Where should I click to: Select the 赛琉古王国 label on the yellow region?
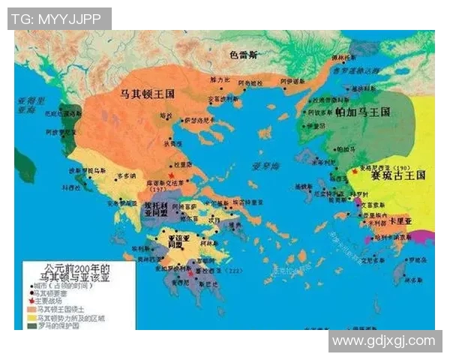(398, 175)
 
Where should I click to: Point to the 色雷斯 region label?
(244, 55)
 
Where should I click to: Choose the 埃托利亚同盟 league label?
(158, 208)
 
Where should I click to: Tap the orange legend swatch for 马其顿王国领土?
(31, 308)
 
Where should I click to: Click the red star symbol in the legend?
(30, 300)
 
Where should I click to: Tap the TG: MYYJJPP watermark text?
(59, 19)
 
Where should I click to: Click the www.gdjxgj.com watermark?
(384, 341)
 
